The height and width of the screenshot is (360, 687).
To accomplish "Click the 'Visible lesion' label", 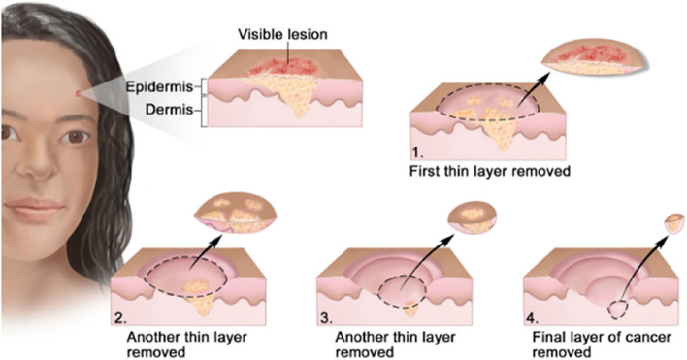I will [282, 34].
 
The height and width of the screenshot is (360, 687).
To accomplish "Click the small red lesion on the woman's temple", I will [78, 94].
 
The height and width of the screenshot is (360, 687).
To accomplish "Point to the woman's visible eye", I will [73, 137].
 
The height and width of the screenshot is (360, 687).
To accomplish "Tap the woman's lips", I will [38, 210].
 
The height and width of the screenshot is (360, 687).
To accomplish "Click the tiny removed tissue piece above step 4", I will [671, 223].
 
